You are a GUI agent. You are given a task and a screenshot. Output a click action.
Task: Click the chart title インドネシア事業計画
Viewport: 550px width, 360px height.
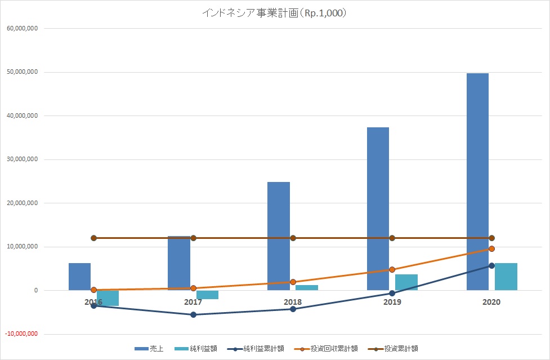tap(274, 13)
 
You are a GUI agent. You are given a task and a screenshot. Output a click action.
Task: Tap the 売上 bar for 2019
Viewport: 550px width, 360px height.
tap(378, 208)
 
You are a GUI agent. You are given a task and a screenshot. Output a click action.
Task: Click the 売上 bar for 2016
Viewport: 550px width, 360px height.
tap(79, 276)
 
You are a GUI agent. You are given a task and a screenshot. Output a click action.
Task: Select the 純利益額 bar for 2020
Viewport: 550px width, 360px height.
tap(506, 277)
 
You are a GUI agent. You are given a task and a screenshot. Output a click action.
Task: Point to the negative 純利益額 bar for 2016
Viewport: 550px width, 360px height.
tap(108, 298)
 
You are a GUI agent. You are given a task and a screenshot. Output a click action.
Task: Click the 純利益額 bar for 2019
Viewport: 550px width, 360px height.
tap(406, 282)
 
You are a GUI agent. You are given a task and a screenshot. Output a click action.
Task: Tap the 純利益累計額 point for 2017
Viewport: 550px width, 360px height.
tap(193, 314)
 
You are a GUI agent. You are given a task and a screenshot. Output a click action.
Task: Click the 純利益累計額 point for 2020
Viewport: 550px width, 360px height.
tap(491, 265)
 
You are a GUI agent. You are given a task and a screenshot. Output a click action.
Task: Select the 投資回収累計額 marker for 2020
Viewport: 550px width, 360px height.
tap(491, 248)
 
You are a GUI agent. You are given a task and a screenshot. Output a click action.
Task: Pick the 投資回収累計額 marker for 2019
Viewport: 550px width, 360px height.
tap(392, 270)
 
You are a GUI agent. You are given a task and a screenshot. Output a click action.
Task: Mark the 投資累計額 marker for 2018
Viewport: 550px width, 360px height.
tap(293, 238)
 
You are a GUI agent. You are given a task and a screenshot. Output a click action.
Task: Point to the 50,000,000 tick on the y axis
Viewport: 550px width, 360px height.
tap(21, 72)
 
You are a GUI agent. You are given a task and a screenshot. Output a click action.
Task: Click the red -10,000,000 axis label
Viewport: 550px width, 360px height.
tap(21, 334)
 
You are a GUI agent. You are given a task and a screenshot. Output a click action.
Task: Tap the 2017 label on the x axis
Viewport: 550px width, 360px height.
tap(193, 302)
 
